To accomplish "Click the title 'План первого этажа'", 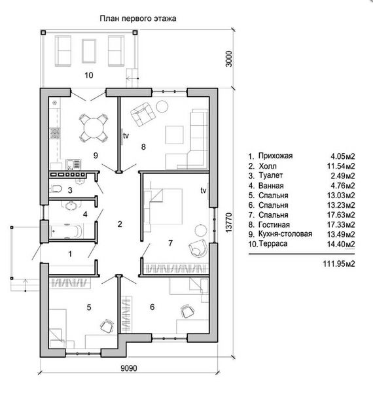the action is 138,18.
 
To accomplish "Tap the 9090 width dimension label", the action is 129,368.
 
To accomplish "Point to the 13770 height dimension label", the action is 228,222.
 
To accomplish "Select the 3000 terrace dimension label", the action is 228,59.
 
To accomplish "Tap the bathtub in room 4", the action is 66,231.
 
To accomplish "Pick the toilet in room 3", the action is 56,188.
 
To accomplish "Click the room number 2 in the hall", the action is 120,224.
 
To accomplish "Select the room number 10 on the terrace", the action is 89,75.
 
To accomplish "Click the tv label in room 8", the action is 126,135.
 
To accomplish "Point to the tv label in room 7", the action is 203,191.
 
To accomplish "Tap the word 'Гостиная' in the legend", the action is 274,224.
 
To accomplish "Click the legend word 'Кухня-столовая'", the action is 285,233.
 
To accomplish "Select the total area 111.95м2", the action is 339,264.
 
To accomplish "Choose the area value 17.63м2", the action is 341,215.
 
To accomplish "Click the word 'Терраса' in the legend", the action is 273,243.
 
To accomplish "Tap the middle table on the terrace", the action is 89,51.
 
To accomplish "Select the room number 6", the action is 152,307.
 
